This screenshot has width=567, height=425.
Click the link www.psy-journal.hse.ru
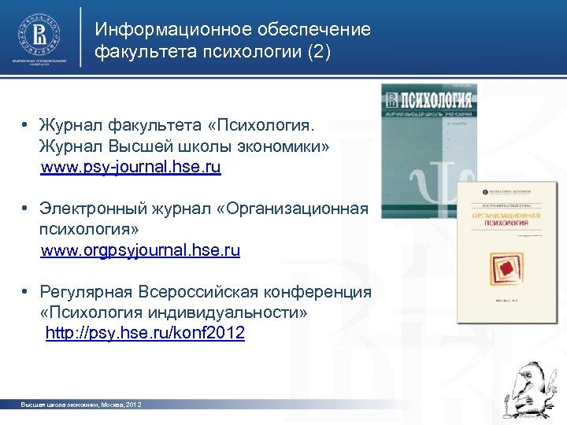(131, 168)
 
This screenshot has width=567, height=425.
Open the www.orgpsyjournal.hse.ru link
(140, 251)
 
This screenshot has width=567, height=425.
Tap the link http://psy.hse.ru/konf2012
(145, 334)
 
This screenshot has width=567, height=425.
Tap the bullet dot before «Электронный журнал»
(26, 209)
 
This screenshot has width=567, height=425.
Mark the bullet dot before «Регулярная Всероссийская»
(26, 292)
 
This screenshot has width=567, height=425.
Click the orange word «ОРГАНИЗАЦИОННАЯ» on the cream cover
(506, 215)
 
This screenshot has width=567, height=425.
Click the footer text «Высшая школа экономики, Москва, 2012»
(81, 405)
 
